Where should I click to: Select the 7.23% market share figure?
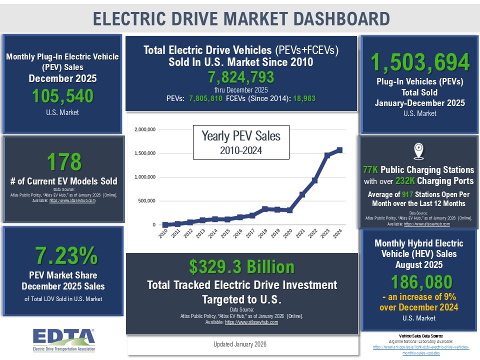point(66,255)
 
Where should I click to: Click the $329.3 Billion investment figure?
point(241,267)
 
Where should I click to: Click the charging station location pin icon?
point(419,150)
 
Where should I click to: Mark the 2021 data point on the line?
point(302,194)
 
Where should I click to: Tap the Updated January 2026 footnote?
point(239,344)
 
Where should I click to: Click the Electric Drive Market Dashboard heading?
point(241,18)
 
